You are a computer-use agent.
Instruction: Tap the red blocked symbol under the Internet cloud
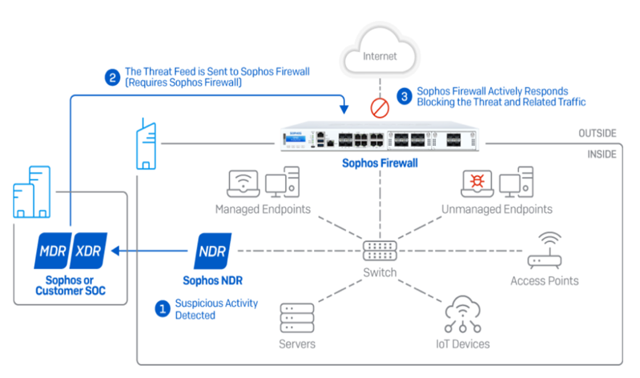[x=379, y=106]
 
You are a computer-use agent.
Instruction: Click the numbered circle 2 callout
[x=112, y=77]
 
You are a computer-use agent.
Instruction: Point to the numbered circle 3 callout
[x=404, y=96]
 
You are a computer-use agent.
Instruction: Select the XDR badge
[x=90, y=251]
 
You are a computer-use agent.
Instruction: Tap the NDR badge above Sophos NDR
[x=212, y=251]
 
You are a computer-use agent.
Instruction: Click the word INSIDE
[x=602, y=151]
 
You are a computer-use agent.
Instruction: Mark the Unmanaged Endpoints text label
[x=497, y=210]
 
